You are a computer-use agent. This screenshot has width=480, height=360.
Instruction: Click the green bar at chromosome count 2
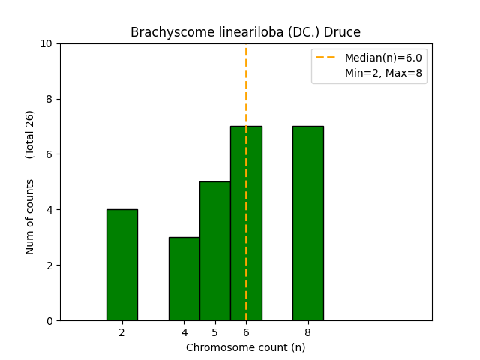(x=121, y=265)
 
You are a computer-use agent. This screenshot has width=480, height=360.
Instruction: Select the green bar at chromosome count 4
(x=184, y=278)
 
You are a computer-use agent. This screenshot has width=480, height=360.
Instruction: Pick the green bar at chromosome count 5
(x=214, y=250)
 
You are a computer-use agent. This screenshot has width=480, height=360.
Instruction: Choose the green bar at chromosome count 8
(x=307, y=223)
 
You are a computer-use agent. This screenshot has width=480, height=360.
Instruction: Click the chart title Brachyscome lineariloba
(x=245, y=32)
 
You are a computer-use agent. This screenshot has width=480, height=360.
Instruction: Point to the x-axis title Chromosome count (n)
(x=245, y=347)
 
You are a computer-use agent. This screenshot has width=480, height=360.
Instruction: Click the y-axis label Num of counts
(x=30, y=217)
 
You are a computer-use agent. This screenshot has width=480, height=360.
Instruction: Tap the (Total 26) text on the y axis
(x=30, y=134)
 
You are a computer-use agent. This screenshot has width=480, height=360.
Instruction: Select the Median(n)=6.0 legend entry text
(x=383, y=58)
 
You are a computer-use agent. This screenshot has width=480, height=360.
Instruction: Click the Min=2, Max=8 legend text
(x=383, y=72)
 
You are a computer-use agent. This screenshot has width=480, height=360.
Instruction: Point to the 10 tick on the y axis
(x=46, y=43)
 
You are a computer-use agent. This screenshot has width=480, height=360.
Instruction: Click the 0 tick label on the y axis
(x=49, y=320)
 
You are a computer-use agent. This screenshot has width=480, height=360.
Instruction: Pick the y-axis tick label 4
(x=49, y=210)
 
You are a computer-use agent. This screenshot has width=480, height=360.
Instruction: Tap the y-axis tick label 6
(x=49, y=154)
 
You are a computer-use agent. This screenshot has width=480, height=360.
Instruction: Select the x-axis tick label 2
(x=121, y=331)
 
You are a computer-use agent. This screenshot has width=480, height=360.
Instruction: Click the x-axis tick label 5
(x=214, y=331)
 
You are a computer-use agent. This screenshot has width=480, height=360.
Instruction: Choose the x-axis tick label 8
(x=307, y=331)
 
